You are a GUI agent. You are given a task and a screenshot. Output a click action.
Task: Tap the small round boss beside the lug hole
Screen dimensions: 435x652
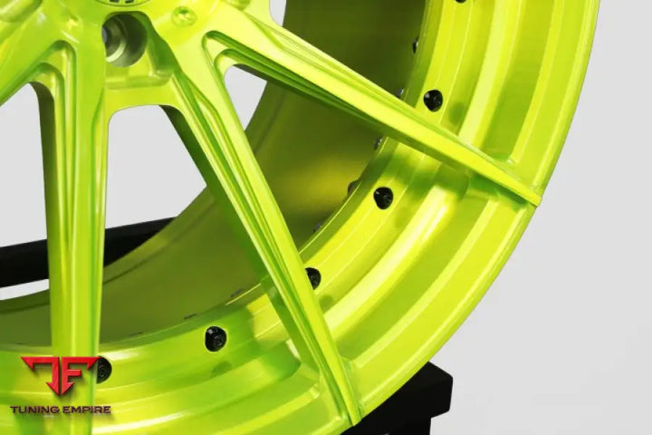pyautogui.click(x=184, y=15)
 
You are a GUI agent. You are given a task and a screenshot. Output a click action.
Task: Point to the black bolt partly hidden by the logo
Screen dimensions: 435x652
pyautogui.click(x=102, y=368)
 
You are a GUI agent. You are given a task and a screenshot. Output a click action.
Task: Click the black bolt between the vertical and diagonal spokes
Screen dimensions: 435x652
pyautogui.click(x=215, y=338)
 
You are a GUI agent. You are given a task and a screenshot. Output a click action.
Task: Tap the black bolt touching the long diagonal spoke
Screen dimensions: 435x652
pyautogui.click(x=312, y=277)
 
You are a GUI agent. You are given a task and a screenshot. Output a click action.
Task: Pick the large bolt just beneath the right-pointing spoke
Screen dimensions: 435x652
pyautogui.click(x=383, y=197)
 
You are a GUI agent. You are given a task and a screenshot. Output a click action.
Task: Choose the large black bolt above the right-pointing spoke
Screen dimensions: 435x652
pyautogui.click(x=433, y=100)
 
